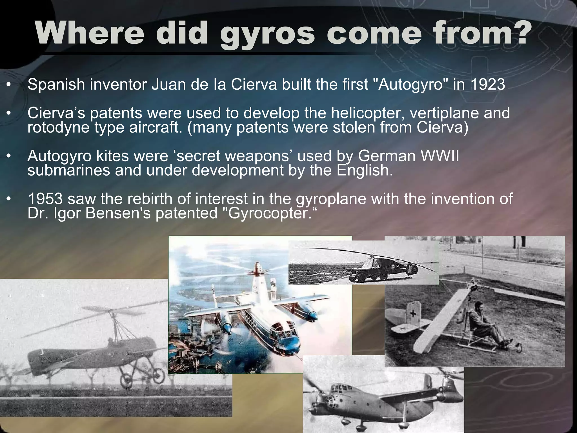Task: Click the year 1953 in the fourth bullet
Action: click(x=45, y=199)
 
